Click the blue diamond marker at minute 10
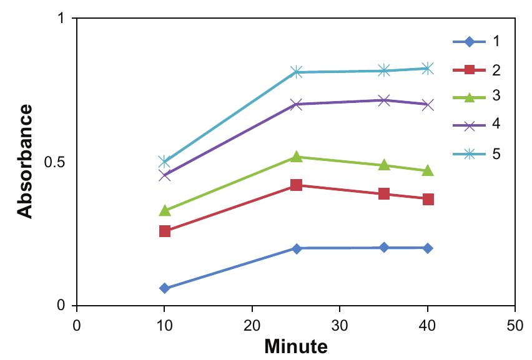[x=164, y=288]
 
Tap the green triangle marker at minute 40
[x=428, y=170]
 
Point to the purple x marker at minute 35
[x=384, y=100]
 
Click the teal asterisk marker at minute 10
[x=164, y=162]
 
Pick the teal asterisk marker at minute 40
[x=428, y=69]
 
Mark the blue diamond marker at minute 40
[x=428, y=248]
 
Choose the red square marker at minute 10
[x=164, y=231]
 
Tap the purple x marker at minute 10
[x=164, y=175]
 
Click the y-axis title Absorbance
[x=25, y=162]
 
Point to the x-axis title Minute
[x=296, y=345]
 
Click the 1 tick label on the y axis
[x=61, y=19]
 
